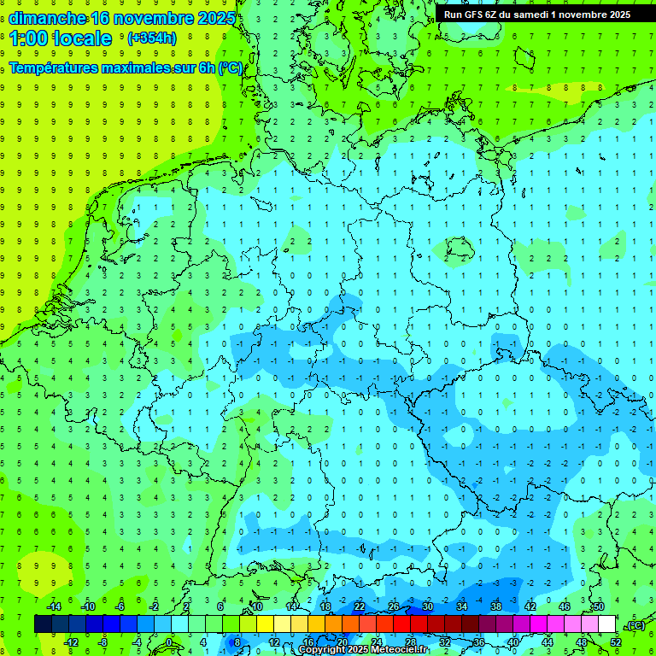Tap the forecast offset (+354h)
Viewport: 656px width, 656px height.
152,38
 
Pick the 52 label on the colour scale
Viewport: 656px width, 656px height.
615,642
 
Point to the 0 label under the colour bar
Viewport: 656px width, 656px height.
169,642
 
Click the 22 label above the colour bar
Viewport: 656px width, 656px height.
360,606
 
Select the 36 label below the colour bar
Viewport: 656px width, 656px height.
478,642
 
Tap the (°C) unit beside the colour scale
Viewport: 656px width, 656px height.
635,625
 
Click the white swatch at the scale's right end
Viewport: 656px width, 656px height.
606,624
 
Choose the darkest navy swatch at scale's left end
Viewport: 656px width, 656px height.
43,624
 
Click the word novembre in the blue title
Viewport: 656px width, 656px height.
149,18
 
